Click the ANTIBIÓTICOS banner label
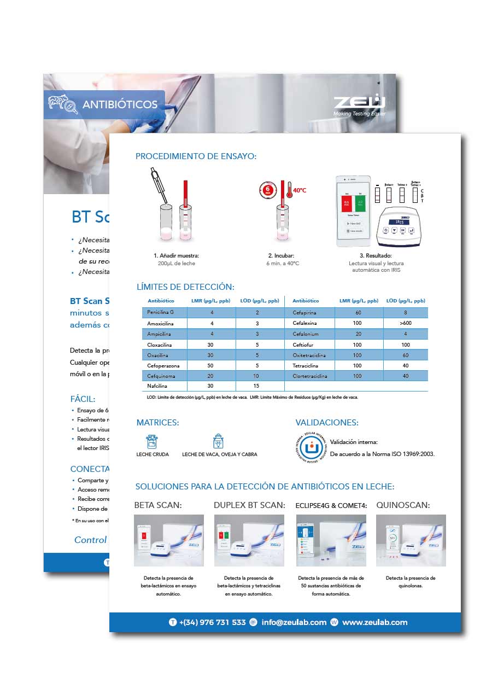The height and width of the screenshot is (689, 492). tap(120, 104)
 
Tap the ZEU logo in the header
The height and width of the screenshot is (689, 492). tap(360, 103)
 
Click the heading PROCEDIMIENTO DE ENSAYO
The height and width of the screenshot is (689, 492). tap(196, 156)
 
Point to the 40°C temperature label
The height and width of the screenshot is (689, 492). tap(300, 190)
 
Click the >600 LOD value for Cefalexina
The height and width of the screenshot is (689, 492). tap(406, 324)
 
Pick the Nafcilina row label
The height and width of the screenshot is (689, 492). tap(159, 386)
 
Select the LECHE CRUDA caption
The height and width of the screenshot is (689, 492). tap(153, 454)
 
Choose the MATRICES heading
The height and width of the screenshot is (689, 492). tap(157, 423)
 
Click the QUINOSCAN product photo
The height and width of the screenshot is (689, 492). tap(411, 540)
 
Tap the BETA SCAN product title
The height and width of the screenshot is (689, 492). tap(158, 505)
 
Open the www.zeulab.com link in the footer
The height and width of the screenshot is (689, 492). tap(374, 622)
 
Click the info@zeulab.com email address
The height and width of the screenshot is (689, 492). tap(294, 622)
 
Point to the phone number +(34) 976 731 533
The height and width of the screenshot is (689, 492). tap(212, 622)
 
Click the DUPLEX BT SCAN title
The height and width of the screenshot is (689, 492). tap(249, 505)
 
